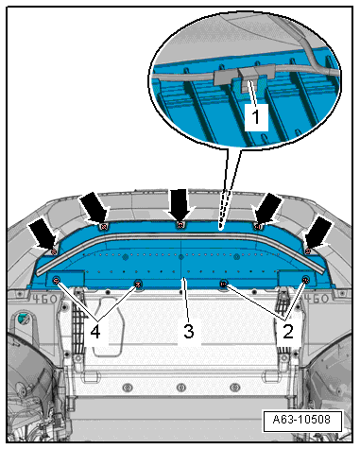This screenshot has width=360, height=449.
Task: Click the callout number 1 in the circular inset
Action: point(256,116)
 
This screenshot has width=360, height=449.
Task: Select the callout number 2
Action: point(288,332)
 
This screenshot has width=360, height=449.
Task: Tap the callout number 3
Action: point(189,332)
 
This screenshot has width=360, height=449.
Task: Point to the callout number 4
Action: point(95,332)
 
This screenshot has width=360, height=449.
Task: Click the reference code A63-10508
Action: point(301,420)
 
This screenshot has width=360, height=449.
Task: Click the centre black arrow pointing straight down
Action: point(180,204)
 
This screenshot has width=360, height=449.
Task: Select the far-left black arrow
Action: point(43,233)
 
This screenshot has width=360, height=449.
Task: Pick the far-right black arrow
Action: point(317,233)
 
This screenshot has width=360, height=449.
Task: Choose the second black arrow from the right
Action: point(267,208)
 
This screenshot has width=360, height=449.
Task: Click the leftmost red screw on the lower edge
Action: point(57,280)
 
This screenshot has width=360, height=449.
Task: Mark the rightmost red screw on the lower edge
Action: point(305,279)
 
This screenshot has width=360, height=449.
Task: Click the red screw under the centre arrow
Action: point(180,225)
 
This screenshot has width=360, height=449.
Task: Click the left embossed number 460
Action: point(45,299)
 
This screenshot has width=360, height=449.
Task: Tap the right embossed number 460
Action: point(316,298)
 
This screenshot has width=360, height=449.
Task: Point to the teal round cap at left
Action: point(22,318)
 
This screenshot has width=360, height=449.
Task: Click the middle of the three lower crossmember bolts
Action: point(181,387)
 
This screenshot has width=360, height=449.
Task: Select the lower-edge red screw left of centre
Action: point(138,285)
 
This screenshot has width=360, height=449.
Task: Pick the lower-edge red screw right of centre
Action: point(224,285)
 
